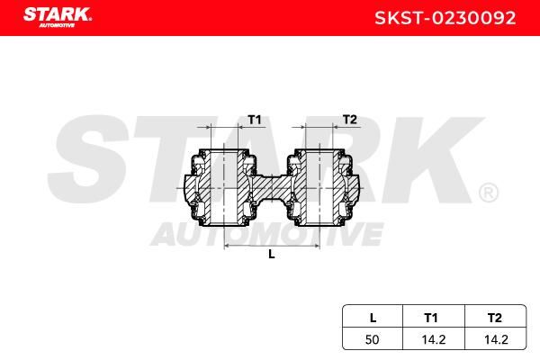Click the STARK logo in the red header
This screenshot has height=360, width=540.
pos(58,17)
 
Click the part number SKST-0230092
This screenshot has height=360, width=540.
pos(445,18)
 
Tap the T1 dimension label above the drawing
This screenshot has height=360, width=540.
pos(255,120)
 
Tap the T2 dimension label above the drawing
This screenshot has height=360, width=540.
pos(350,120)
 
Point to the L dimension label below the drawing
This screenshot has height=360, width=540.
pos(272,255)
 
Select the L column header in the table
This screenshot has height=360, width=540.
pos(373,318)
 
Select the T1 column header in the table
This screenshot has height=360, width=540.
pos(431,318)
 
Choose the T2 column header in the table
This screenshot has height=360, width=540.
pos(494,318)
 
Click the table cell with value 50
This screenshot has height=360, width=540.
pos(373,339)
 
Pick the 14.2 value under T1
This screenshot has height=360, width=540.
pos(434,339)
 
